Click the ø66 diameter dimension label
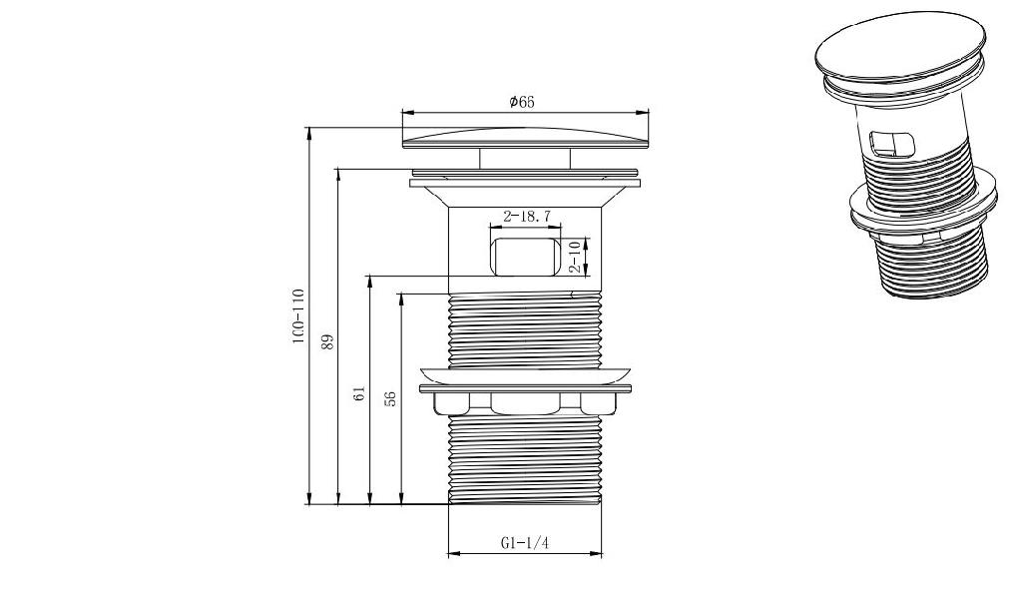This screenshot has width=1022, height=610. (522, 102)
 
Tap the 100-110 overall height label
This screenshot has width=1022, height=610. (298, 316)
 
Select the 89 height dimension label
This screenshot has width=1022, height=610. (328, 342)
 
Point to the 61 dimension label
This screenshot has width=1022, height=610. (359, 393)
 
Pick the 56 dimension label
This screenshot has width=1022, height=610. (390, 399)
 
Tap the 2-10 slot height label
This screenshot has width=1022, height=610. (575, 257)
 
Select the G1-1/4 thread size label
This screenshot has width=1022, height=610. (525, 543)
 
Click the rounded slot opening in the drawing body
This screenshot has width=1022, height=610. (525, 257)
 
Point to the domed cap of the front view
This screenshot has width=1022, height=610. (527, 138)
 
